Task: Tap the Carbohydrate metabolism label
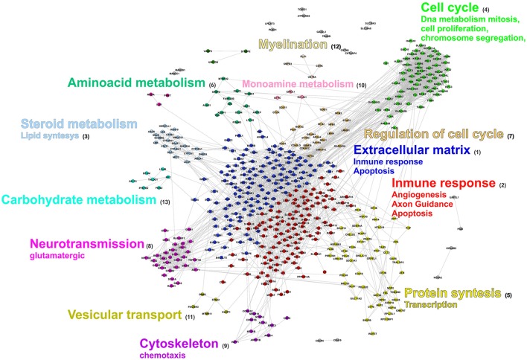click(x=80, y=200)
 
